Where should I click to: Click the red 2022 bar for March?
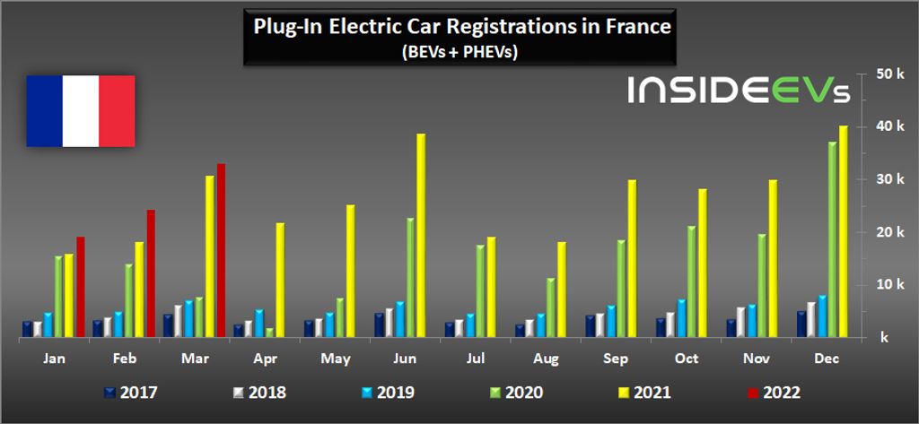[221, 251]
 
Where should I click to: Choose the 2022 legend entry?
[771, 392]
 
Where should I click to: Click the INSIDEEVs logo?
[739, 91]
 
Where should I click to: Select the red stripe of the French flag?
[117, 111]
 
